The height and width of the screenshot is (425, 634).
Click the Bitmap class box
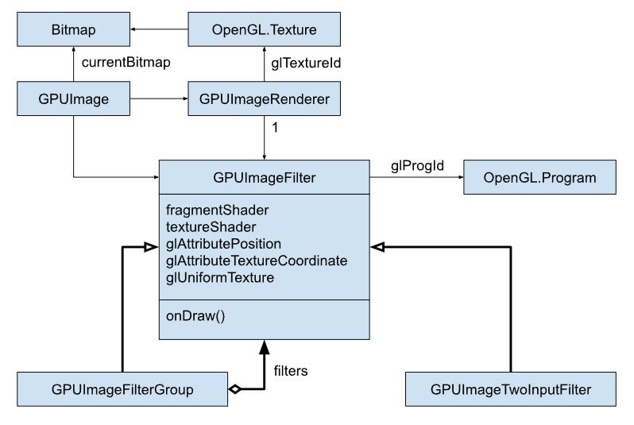pyautogui.click(x=74, y=30)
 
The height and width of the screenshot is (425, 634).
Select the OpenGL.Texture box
pyautogui.click(x=264, y=30)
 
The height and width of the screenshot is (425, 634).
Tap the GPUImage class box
pyautogui.click(x=74, y=99)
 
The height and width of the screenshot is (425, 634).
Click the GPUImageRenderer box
pyautogui.click(x=264, y=99)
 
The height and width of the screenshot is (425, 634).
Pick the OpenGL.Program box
pyautogui.click(x=539, y=177)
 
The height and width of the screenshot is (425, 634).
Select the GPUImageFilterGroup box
pyautogui.click(x=122, y=389)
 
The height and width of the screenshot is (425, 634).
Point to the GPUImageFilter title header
pyautogui.click(x=264, y=177)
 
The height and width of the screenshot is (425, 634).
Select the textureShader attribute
pyautogui.click(x=205, y=227)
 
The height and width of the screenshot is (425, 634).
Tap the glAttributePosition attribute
pyautogui.click(x=223, y=244)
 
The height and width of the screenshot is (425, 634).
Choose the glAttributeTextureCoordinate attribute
pyautogui.click(x=257, y=261)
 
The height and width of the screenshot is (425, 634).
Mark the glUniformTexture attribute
pyautogui.click(x=220, y=277)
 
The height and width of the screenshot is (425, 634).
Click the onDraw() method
pyautogui.click(x=195, y=315)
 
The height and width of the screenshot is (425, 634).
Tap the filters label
pyautogui.click(x=291, y=370)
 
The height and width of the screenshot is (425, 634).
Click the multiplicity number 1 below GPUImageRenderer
pyautogui.click(x=274, y=128)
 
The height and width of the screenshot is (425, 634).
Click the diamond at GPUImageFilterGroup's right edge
pyautogui.click(x=234, y=389)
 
